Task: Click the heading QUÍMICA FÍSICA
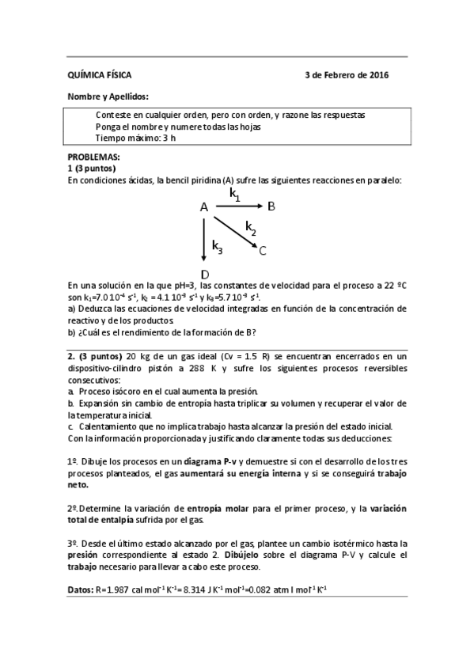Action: [x=100, y=76]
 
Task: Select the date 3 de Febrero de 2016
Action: [x=347, y=76]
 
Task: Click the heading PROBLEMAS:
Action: [x=93, y=157]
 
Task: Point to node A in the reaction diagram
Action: [x=203, y=207]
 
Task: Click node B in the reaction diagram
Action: [x=271, y=207]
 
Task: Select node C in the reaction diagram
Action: [x=263, y=251]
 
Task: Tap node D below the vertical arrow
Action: [x=205, y=275]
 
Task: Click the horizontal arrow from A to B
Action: [x=238, y=207]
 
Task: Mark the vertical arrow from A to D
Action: [x=205, y=241]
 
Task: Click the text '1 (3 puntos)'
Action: [x=92, y=169]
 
